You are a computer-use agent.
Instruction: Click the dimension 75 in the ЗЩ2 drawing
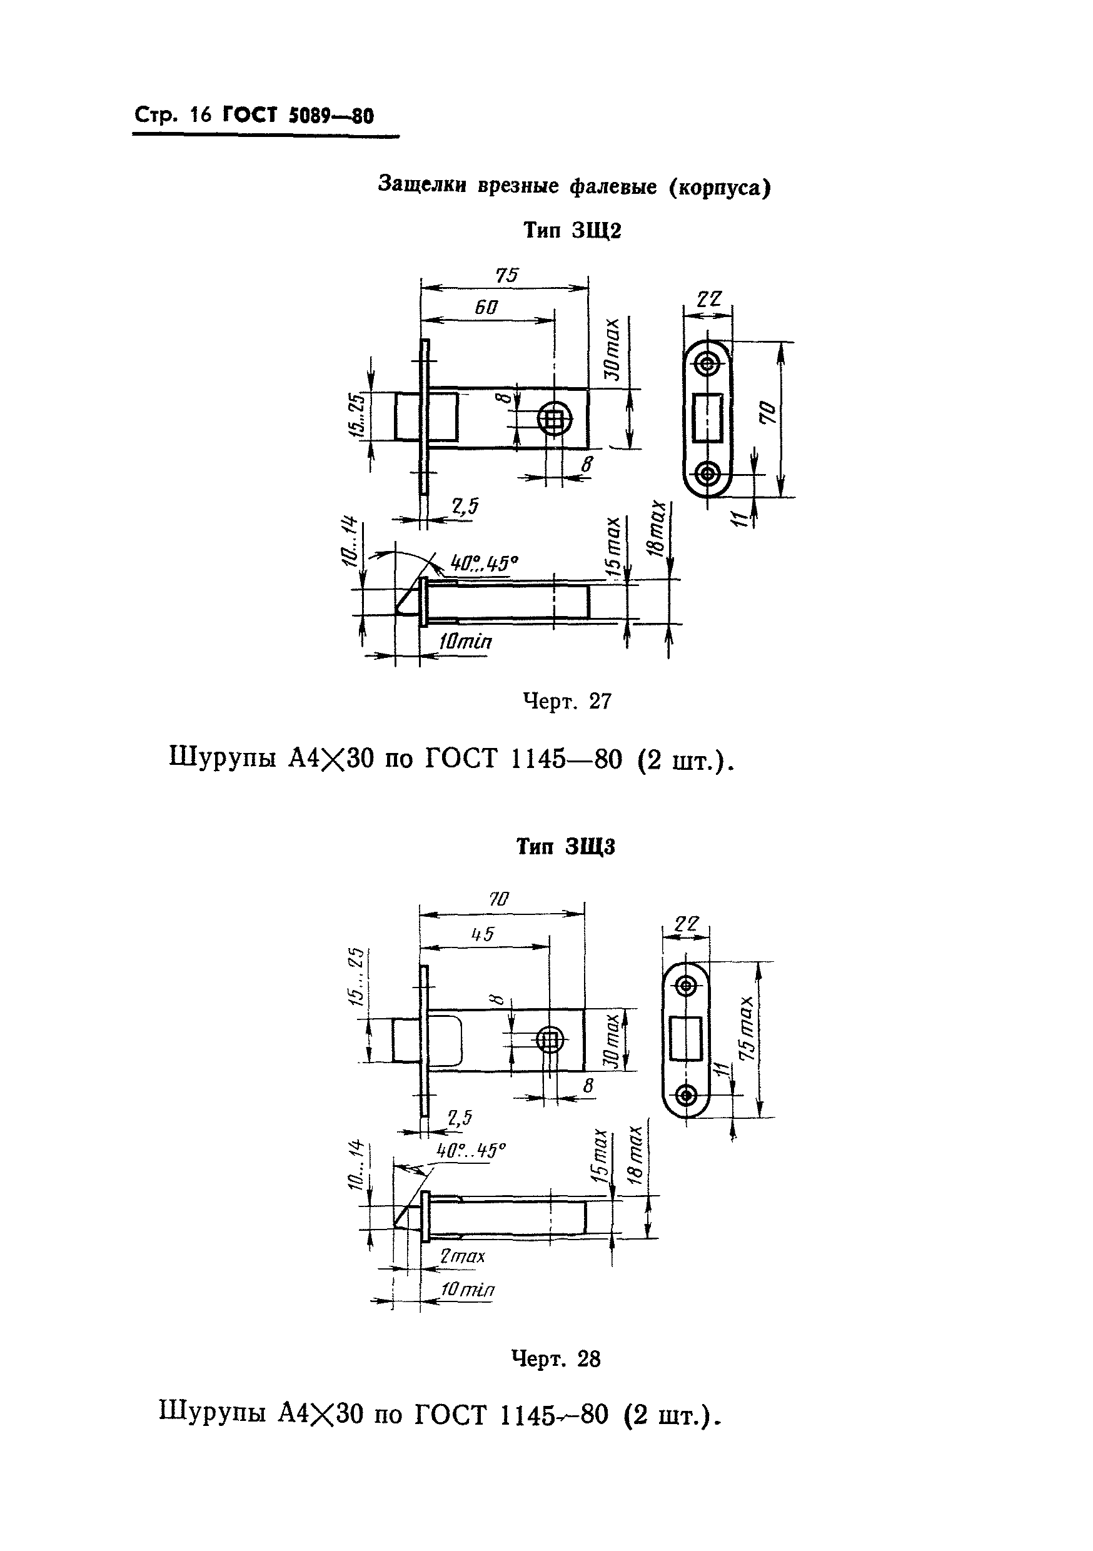click(506, 275)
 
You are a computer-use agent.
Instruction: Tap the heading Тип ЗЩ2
click(572, 231)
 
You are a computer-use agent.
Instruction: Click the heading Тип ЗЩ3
click(565, 847)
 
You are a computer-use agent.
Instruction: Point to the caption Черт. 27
click(567, 702)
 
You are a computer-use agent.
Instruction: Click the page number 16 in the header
click(201, 116)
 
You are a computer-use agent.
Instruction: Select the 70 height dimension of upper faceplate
click(768, 412)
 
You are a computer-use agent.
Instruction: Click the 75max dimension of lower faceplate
click(748, 1028)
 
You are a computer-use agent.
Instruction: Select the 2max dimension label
click(463, 1256)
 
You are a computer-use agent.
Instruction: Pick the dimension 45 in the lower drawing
click(482, 934)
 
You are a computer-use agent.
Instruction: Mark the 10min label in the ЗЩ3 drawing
click(467, 1290)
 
